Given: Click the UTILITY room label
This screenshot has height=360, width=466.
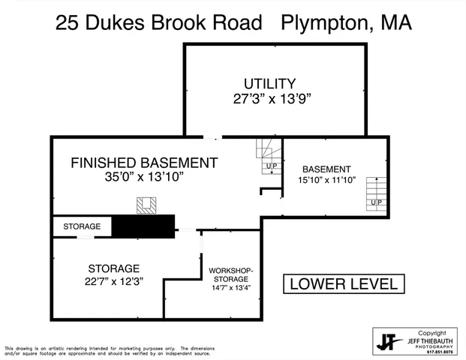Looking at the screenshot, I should coord(269,83).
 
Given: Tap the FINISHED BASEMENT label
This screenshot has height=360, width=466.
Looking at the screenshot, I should coord(144,162).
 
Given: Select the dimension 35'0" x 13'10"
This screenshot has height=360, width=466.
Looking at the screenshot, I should coord(144,178).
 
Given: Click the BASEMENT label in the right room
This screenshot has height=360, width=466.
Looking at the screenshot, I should coord(326,169).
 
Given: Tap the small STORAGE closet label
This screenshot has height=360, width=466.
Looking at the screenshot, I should coord(82,226).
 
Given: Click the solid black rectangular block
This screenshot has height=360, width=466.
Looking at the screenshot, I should coord(143,225).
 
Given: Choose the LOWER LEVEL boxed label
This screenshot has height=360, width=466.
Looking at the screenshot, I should coord(343,284).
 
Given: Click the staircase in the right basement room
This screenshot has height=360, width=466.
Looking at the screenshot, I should coord(375,191).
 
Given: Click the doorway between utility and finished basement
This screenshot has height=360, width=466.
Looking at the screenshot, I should coord(213,137).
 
